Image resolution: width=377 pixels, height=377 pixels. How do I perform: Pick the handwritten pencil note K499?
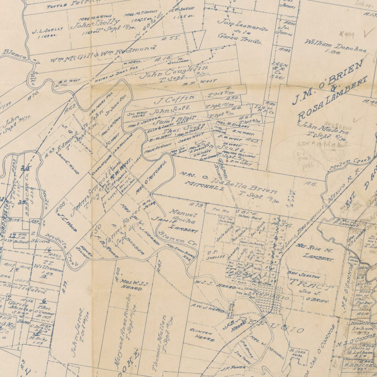coord(347,34)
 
